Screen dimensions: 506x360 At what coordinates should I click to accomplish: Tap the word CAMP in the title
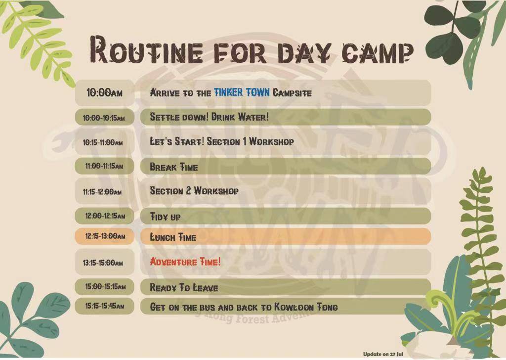tap(378, 52)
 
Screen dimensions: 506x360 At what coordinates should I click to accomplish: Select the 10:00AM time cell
tap(105, 93)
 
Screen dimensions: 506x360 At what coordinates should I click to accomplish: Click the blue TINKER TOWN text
tap(242, 92)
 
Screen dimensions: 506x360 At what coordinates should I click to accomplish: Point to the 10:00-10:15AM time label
tap(104, 118)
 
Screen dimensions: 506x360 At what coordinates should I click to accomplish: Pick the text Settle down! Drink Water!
tap(209, 117)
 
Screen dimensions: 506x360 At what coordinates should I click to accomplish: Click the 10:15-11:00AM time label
tap(103, 142)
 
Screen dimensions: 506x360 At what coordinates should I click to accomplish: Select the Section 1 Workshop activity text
tap(251, 141)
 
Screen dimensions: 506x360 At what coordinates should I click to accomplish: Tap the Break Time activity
tap(173, 167)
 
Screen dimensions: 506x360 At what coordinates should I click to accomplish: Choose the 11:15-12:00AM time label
tap(102, 192)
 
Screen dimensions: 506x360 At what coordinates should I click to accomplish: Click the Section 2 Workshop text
tap(194, 190)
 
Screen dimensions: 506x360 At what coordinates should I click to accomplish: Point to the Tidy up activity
tap(165, 216)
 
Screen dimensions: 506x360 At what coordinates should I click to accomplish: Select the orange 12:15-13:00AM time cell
tap(105, 236)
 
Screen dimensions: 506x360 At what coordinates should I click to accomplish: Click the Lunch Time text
tap(173, 237)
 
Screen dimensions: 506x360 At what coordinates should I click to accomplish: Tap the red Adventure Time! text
tap(185, 261)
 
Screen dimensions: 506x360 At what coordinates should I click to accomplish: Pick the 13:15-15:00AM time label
tap(103, 263)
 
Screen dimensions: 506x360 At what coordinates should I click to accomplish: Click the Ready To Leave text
tap(184, 287)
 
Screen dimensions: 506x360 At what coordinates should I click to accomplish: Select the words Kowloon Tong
tap(306, 307)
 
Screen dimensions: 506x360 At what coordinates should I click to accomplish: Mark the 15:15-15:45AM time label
tap(105, 306)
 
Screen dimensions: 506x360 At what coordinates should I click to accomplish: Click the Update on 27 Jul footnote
tap(383, 354)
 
